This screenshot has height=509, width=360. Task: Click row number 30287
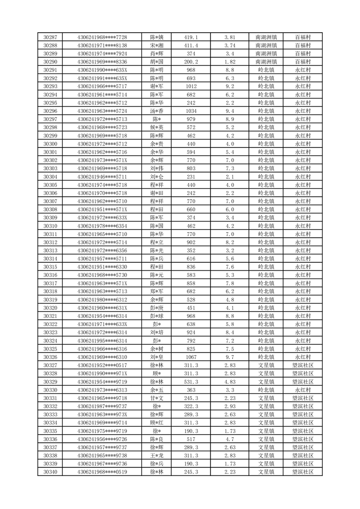(50, 37)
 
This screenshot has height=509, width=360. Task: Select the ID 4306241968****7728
(102, 37)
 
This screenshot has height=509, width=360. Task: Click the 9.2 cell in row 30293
(229, 86)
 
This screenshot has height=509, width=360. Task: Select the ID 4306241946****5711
(102, 176)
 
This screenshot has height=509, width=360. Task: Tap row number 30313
(50, 250)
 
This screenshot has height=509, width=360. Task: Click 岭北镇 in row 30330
(266, 390)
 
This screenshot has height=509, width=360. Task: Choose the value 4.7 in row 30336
(229, 439)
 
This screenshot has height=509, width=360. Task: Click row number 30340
(50, 472)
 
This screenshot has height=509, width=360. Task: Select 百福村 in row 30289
(302, 53)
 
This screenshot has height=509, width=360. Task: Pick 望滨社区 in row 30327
(302, 365)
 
